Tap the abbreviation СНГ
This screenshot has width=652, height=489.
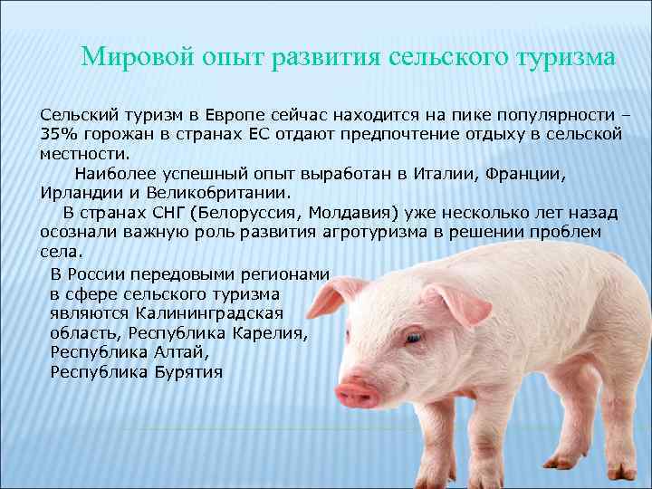tap(165, 212)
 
